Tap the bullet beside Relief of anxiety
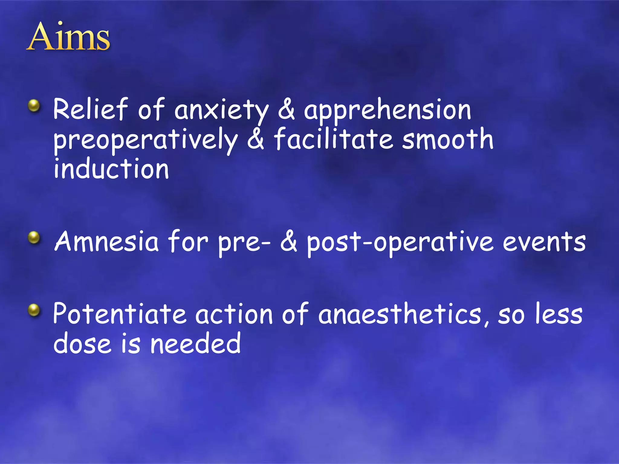pyautogui.click(x=34, y=106)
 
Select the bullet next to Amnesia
pyautogui.click(x=34, y=237)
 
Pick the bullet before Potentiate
pyautogui.click(x=34, y=310)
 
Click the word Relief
pyautogui.click(x=90, y=109)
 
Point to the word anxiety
pyautogui.click(x=221, y=111)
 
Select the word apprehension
pyautogui.click(x=387, y=111)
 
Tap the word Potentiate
pyautogui.click(x=120, y=314)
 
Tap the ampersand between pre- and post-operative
pyautogui.click(x=289, y=242)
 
